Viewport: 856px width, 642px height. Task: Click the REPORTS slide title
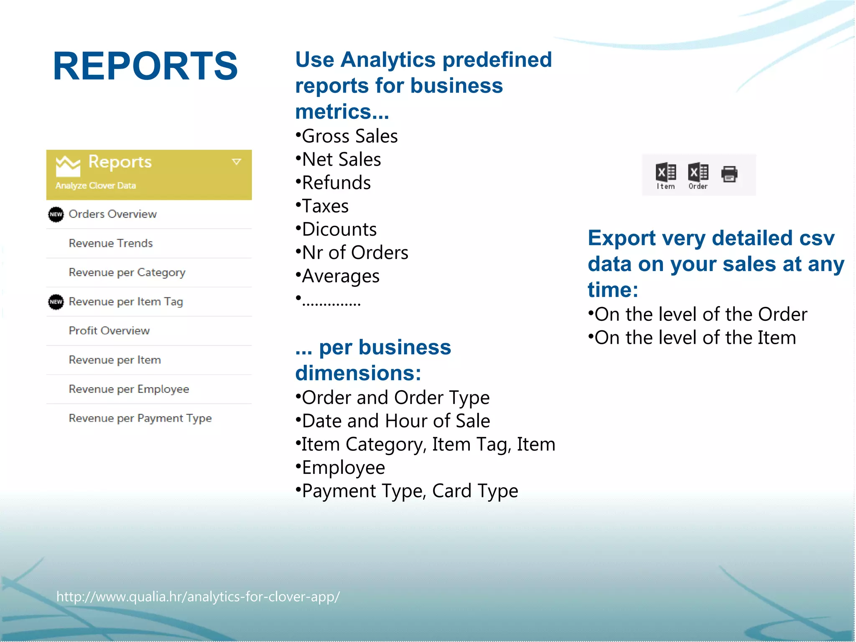click(145, 66)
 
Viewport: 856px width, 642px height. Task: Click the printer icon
click(729, 174)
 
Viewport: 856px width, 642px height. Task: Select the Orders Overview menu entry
click(112, 214)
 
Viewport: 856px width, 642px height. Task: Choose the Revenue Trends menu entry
click(111, 243)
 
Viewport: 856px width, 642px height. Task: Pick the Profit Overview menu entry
click(109, 331)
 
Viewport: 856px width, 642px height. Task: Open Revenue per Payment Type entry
click(140, 418)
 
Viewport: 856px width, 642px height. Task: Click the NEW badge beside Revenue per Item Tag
click(56, 302)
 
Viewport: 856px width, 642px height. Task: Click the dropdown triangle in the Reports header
click(237, 162)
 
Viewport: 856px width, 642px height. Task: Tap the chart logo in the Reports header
click(68, 166)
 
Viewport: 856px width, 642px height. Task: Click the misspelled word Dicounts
click(339, 230)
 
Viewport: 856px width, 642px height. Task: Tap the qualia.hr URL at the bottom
click(198, 596)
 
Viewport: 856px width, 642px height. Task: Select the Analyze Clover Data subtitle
click(96, 186)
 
